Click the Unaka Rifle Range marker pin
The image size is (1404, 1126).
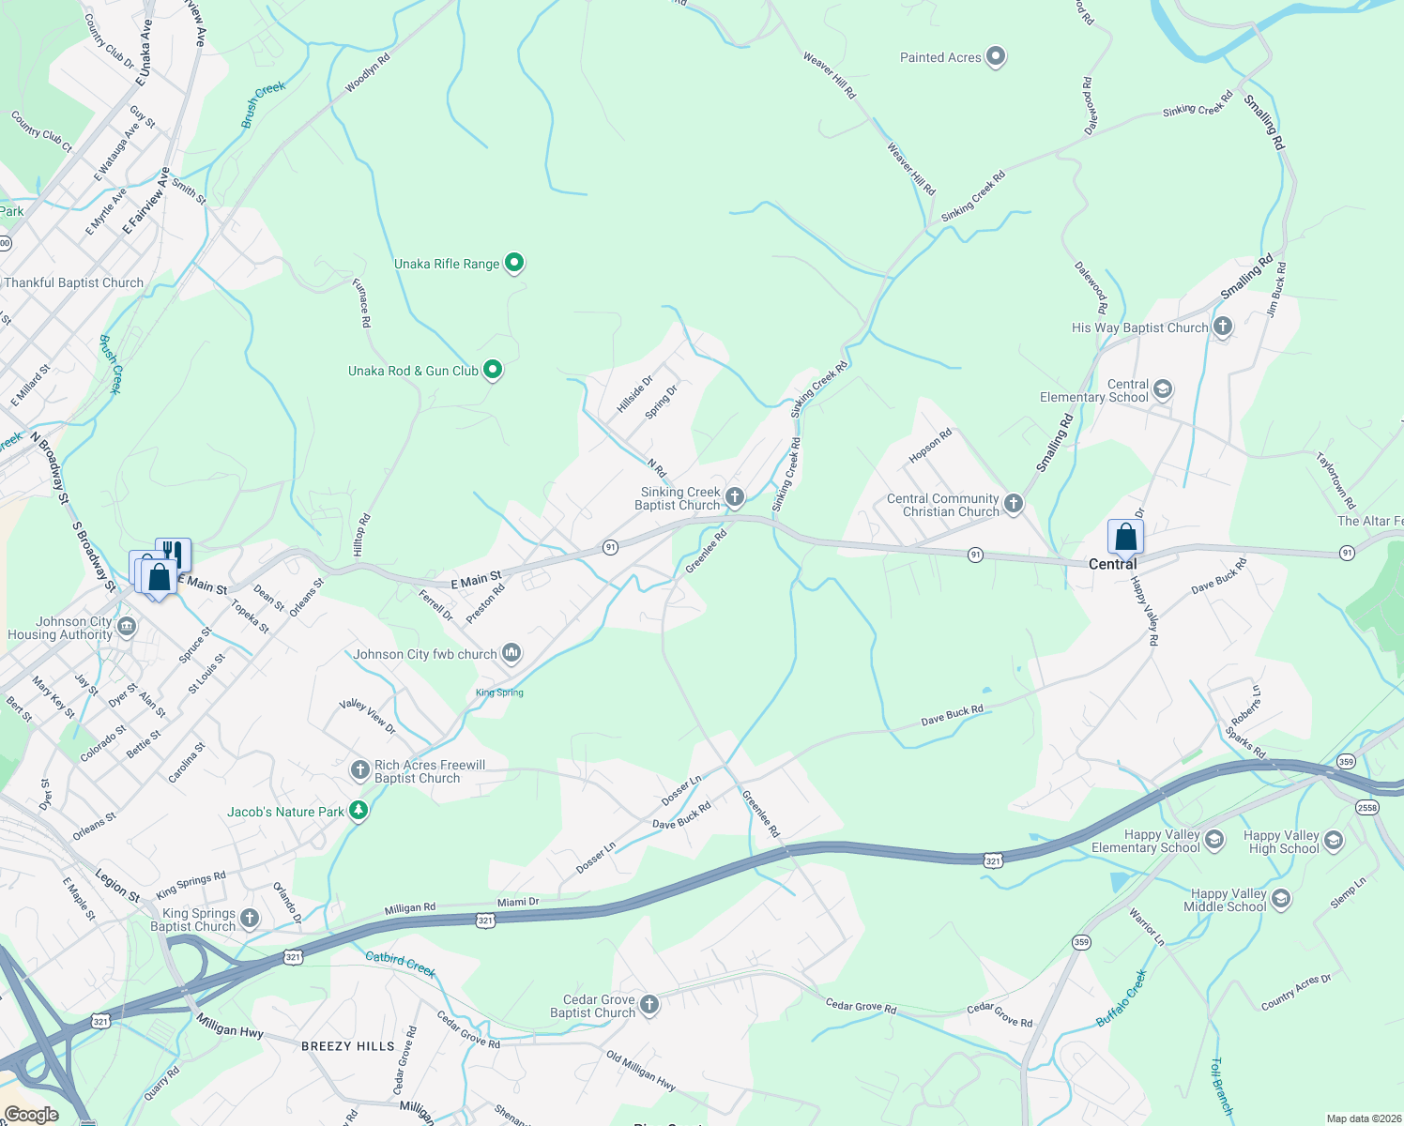pos(514,263)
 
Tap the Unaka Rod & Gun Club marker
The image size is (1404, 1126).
pos(493,370)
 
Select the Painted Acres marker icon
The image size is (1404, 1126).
pos(996,57)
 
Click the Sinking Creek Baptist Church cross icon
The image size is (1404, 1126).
pos(735,496)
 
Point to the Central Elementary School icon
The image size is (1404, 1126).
pos(1163,389)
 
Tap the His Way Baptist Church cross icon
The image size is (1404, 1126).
pos(1223,327)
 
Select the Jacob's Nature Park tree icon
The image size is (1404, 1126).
pos(358,811)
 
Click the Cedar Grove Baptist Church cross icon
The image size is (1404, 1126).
pos(649,1005)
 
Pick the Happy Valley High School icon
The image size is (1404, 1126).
pos(1334,841)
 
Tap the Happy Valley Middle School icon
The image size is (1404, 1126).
pos(1281,899)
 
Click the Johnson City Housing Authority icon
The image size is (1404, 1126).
pos(127,627)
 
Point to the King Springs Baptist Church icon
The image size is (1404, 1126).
pos(249,919)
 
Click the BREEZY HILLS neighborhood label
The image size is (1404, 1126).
pos(348,1046)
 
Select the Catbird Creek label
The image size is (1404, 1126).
pos(401,964)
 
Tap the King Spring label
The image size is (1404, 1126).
pos(499,692)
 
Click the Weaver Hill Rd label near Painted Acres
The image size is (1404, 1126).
pos(830,75)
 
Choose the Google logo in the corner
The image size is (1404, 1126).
pos(31,1115)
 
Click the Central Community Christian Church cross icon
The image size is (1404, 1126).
pos(1014,504)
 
